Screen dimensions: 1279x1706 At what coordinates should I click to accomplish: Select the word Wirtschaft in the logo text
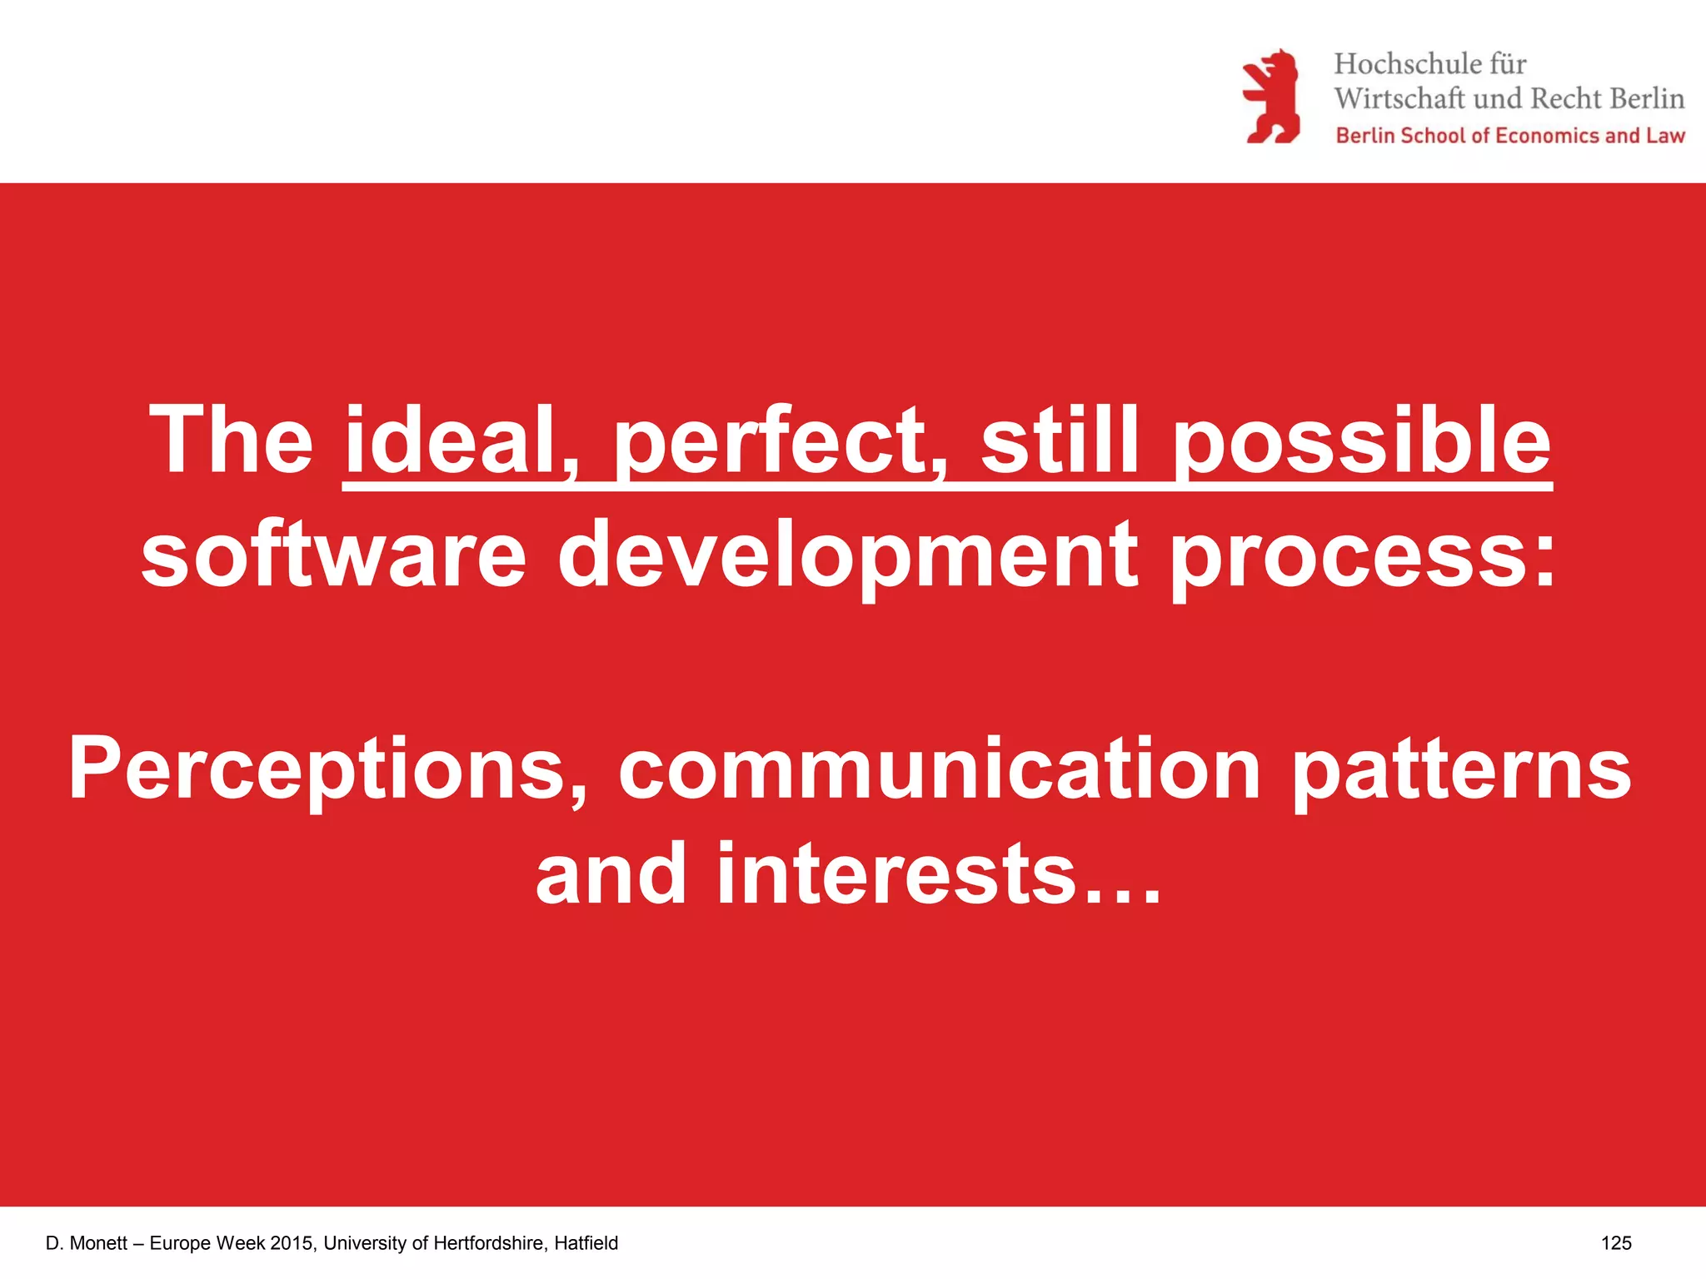click(1399, 99)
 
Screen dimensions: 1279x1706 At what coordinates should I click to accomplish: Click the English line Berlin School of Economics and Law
click(1509, 136)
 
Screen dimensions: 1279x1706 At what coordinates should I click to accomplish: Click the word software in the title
click(333, 554)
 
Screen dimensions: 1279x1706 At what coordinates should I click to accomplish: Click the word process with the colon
click(1361, 554)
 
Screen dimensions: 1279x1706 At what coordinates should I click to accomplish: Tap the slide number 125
click(1615, 1243)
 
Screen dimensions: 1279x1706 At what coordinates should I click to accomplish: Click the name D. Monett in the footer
click(87, 1243)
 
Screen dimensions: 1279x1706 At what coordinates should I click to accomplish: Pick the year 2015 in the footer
click(291, 1243)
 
